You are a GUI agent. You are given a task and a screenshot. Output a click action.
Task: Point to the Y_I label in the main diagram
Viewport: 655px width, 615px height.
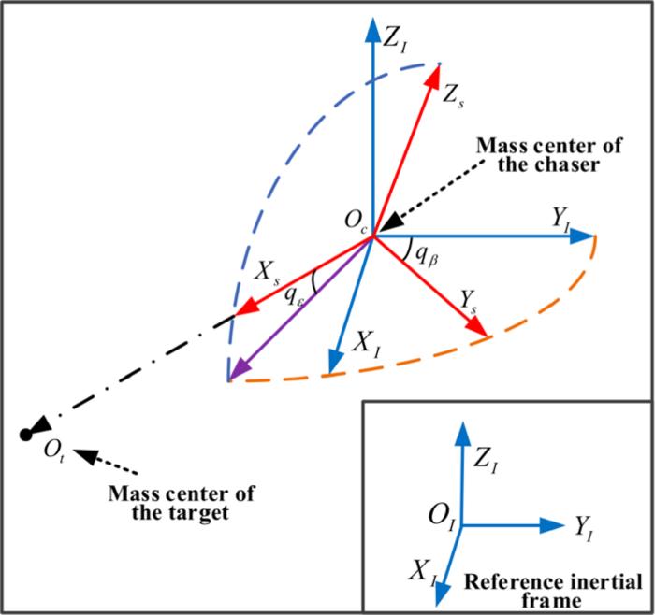click(562, 221)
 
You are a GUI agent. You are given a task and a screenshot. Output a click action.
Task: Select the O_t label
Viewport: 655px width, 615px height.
click(53, 451)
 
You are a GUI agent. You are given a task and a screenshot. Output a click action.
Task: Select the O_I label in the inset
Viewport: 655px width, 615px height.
click(442, 515)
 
